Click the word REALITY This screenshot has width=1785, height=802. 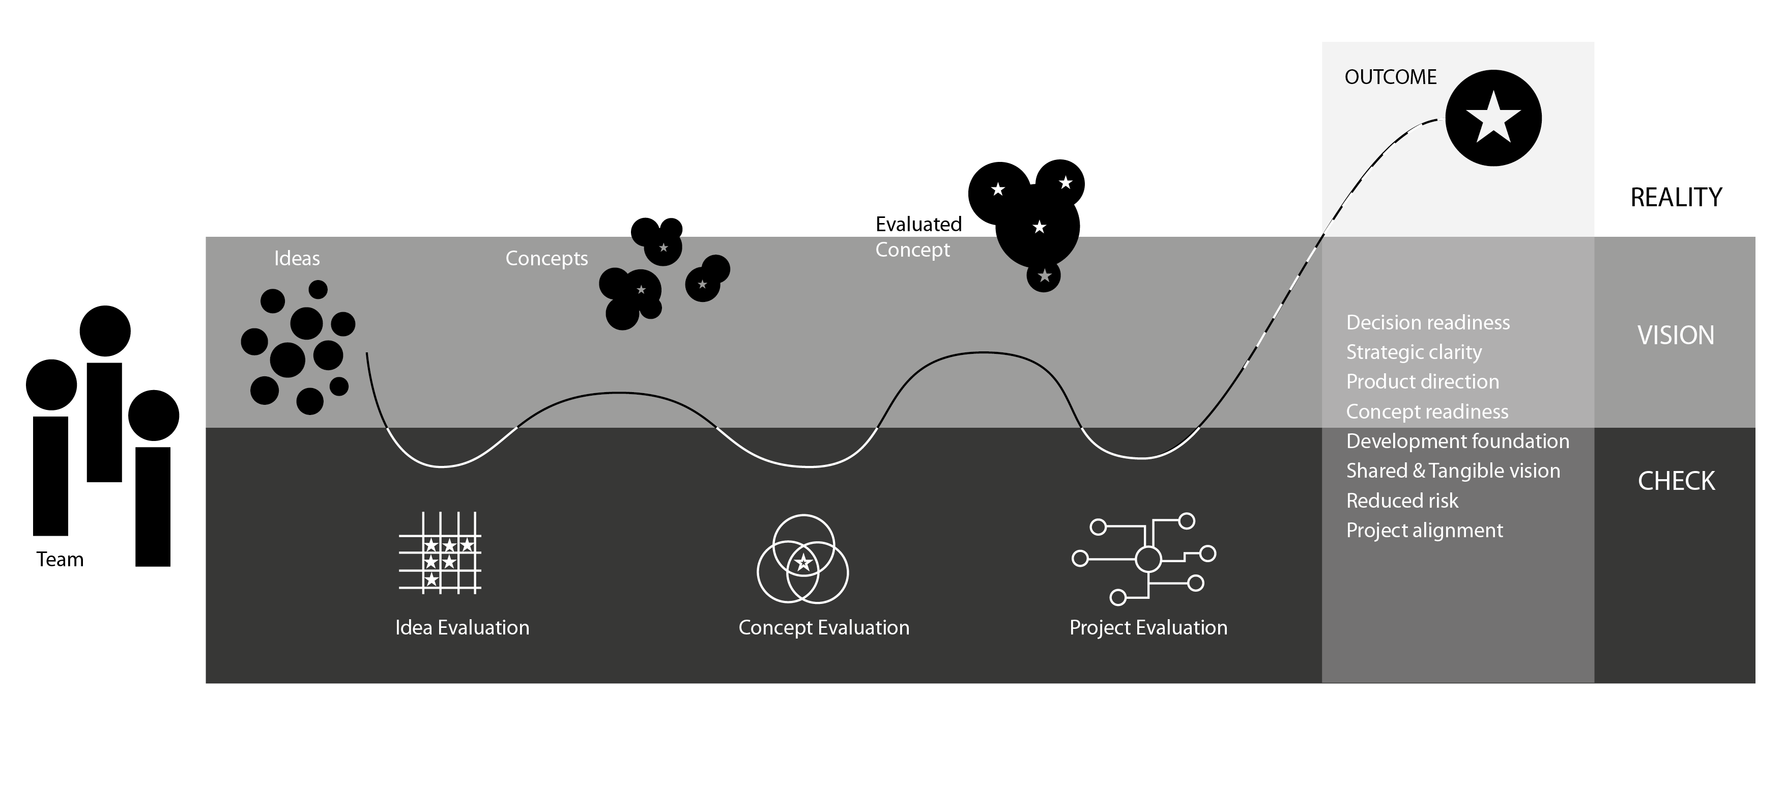tap(1676, 198)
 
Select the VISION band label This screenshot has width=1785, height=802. tap(1676, 336)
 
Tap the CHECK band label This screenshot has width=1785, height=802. tap(1676, 481)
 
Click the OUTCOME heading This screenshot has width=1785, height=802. tap(1390, 77)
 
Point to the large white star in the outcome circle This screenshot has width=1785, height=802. tap(1493, 118)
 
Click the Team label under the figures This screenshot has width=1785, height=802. tap(60, 560)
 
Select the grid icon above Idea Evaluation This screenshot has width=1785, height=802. tap(440, 553)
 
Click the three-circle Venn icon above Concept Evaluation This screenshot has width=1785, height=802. tap(802, 559)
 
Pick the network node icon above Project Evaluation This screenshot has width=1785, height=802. tap(1144, 559)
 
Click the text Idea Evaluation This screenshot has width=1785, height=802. tap(462, 628)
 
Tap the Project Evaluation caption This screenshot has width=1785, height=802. tap(1148, 628)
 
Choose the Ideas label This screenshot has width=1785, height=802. tap(297, 259)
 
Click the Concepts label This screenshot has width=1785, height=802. tap(546, 259)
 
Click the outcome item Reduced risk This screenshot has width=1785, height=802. tap(1402, 501)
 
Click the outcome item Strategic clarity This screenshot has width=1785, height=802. tap(1414, 353)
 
